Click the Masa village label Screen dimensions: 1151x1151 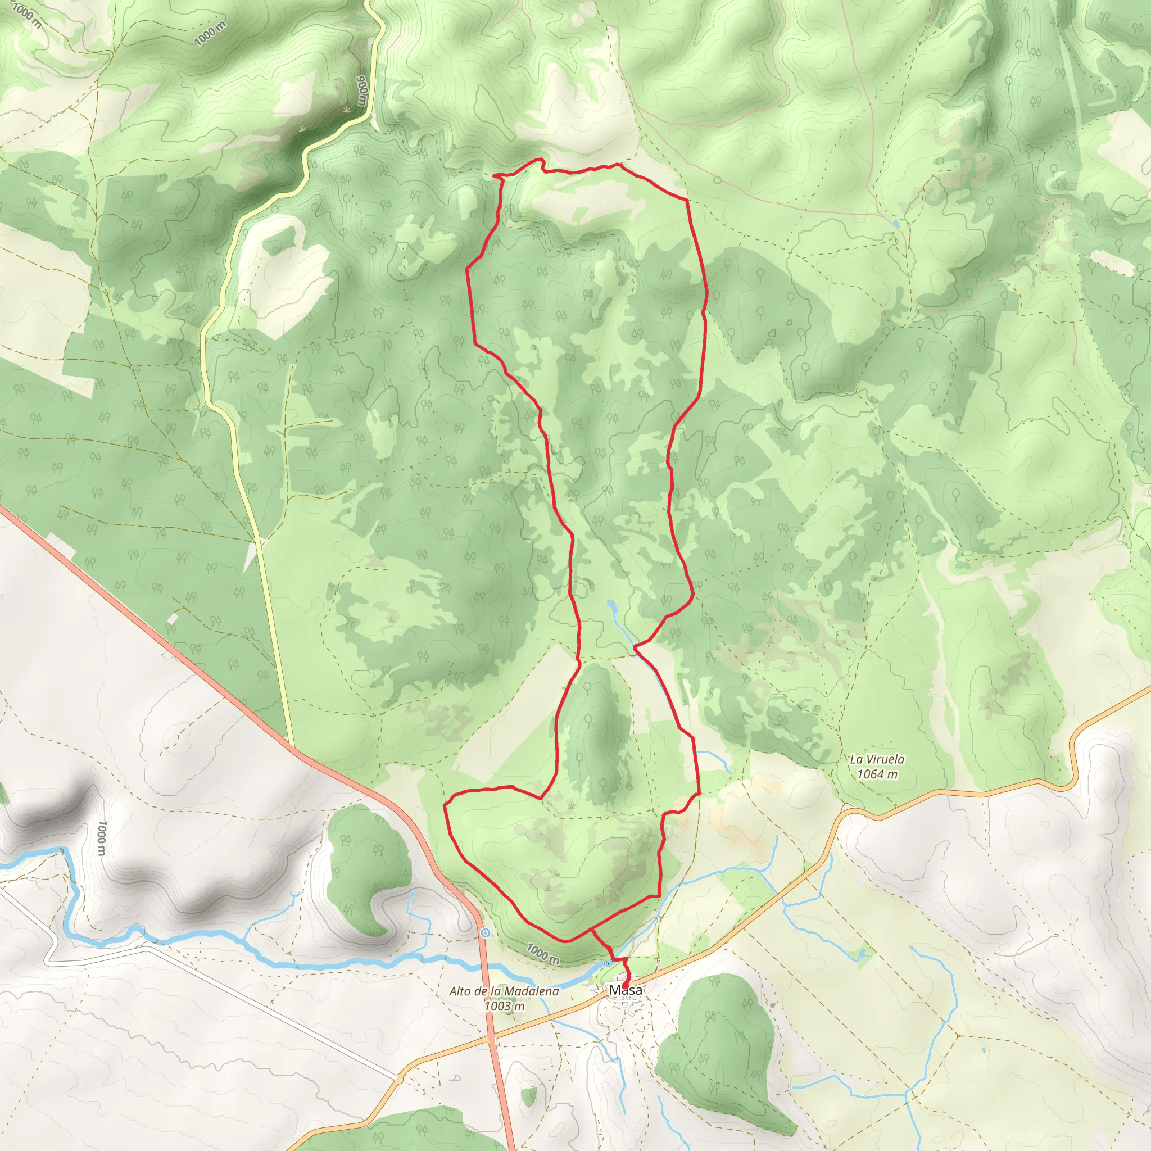626,991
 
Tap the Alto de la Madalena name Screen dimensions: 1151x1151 504,991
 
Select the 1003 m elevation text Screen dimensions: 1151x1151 504,1006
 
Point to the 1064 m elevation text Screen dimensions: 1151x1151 877,774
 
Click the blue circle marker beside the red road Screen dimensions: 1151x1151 486,933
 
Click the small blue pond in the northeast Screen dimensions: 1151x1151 896,224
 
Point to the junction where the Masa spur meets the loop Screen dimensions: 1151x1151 591,929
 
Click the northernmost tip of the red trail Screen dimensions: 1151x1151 540,159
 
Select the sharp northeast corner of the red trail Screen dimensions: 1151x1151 688,200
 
